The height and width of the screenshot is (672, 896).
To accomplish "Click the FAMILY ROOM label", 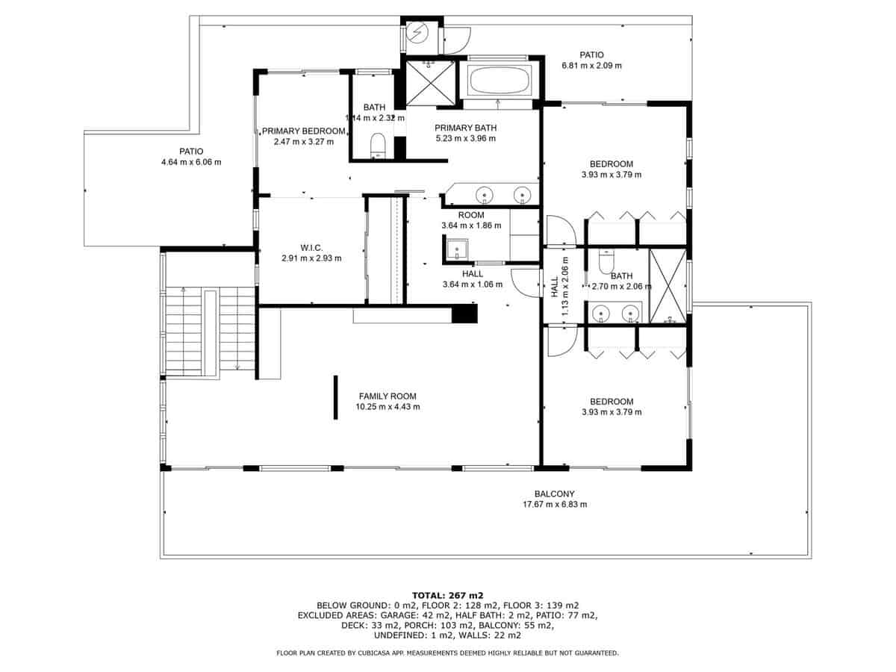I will click(x=388, y=396).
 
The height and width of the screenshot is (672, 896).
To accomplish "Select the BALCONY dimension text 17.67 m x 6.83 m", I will click(x=554, y=505).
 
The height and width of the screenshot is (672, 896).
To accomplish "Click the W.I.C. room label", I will click(x=311, y=247).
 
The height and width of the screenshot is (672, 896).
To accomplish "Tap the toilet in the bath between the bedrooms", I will click(x=606, y=262).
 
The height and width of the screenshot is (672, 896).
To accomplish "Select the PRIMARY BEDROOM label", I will click(x=303, y=131).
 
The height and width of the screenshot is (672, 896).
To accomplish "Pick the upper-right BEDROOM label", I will click(x=611, y=164).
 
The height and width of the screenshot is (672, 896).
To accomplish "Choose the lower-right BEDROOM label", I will click(x=611, y=401).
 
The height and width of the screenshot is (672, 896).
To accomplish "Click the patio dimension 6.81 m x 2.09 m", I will click(x=591, y=66).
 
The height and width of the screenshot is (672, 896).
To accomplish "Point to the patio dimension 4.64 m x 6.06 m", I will click(x=191, y=162).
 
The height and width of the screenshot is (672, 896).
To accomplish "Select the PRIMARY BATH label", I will click(x=465, y=128).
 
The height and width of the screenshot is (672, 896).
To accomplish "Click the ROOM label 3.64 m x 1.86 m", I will click(x=470, y=215).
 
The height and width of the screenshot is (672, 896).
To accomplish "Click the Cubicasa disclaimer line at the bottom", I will click(x=447, y=653).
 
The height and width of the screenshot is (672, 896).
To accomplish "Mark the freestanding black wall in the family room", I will click(x=335, y=397).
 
